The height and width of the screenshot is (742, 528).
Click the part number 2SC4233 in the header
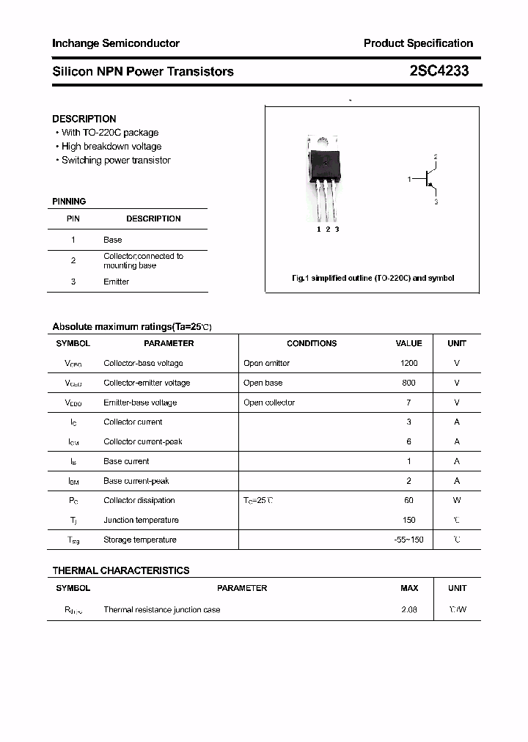click(439, 71)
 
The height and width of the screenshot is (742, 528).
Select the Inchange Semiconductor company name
click(116, 43)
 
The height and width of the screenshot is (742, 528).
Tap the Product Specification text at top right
click(418, 43)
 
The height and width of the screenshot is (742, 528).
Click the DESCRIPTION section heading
click(84, 119)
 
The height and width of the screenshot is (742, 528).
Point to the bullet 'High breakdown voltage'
click(111, 147)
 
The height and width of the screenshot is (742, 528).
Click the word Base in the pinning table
click(113, 240)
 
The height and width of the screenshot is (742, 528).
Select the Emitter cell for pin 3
click(116, 282)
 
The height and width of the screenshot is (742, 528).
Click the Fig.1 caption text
click(373, 279)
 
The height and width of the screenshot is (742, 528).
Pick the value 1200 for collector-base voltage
click(408, 363)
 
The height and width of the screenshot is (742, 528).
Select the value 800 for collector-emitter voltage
click(408, 383)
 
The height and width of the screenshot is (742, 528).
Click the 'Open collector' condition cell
click(269, 403)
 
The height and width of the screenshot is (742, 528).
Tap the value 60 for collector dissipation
click(408, 501)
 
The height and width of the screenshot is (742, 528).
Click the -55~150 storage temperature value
click(408, 540)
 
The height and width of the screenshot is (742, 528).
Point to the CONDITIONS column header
click(312, 343)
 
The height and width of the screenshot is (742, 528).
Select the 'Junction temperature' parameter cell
click(141, 520)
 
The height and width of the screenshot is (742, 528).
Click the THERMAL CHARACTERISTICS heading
click(121, 570)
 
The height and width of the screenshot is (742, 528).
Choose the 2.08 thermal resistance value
click(408, 610)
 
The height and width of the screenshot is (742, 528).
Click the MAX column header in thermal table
click(409, 588)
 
